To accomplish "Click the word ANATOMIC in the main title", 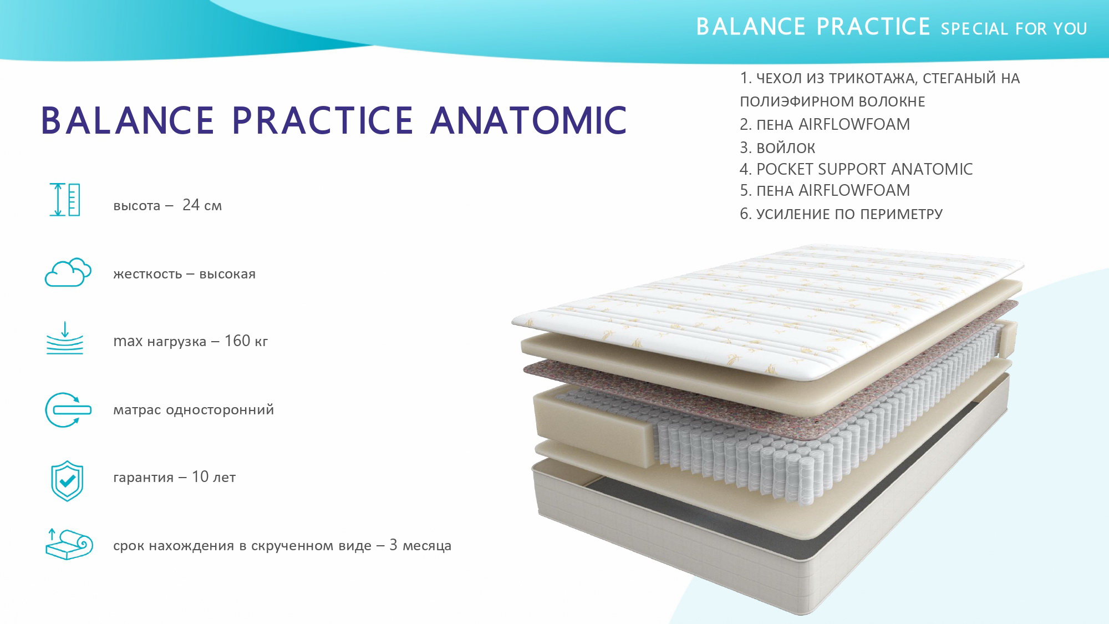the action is point(528,120).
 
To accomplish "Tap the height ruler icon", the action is point(65,200).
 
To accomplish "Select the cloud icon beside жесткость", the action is point(68,272).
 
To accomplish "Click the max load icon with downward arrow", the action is point(65,338).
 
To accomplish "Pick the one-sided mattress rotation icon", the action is point(68,410).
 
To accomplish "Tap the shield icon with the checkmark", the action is point(67,481).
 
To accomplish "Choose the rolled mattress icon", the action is point(69,544).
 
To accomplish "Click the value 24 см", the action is point(202,205).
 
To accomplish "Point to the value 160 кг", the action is point(246,341).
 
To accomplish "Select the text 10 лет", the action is point(213,477).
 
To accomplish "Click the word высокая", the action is point(227,274).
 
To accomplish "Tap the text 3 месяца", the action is point(420,546).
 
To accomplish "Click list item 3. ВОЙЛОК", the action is point(777,148).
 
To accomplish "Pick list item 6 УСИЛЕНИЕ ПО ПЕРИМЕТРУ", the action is point(841,214).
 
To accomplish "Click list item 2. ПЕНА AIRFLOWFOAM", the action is point(825,124).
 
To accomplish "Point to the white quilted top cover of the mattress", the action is point(768,311).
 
